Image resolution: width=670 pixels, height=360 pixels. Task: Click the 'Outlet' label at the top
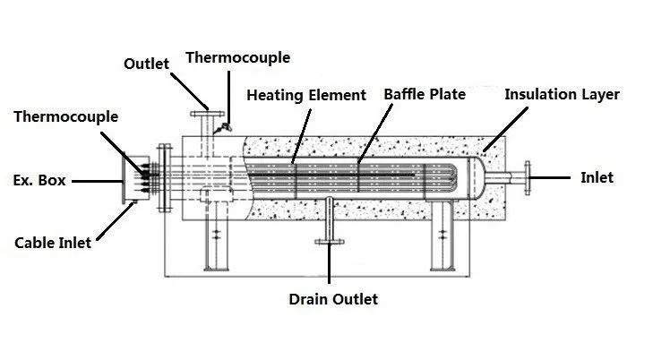click(x=147, y=64)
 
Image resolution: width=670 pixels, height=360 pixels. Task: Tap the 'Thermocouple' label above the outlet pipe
click(x=238, y=57)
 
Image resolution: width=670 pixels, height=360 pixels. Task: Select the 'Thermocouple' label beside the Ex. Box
click(x=65, y=116)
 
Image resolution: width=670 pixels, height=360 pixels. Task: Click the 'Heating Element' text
click(x=306, y=95)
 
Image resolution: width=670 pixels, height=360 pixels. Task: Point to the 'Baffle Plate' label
click(x=425, y=94)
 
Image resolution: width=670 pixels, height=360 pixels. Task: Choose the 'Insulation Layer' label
click(x=562, y=94)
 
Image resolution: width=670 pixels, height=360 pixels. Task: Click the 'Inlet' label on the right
click(x=597, y=177)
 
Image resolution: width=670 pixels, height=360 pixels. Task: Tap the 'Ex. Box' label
click(x=39, y=180)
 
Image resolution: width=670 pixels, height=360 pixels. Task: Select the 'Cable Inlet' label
click(x=53, y=243)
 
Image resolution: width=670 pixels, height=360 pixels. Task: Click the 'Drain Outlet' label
click(x=333, y=299)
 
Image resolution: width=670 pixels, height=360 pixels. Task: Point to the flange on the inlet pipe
click(x=528, y=178)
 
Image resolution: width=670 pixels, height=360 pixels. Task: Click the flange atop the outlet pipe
click(x=207, y=114)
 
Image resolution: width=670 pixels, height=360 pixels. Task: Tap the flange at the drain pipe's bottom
click(x=330, y=242)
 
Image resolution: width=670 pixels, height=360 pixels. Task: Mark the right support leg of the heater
click(x=442, y=236)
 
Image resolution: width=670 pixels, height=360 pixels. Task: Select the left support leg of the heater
click(x=216, y=236)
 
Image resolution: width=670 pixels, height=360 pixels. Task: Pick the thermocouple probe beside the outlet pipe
click(x=223, y=128)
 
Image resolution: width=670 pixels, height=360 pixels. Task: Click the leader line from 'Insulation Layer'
click(x=505, y=129)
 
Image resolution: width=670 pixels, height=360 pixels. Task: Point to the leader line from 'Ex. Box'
click(x=98, y=182)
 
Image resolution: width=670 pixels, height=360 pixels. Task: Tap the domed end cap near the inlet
click(x=477, y=178)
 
